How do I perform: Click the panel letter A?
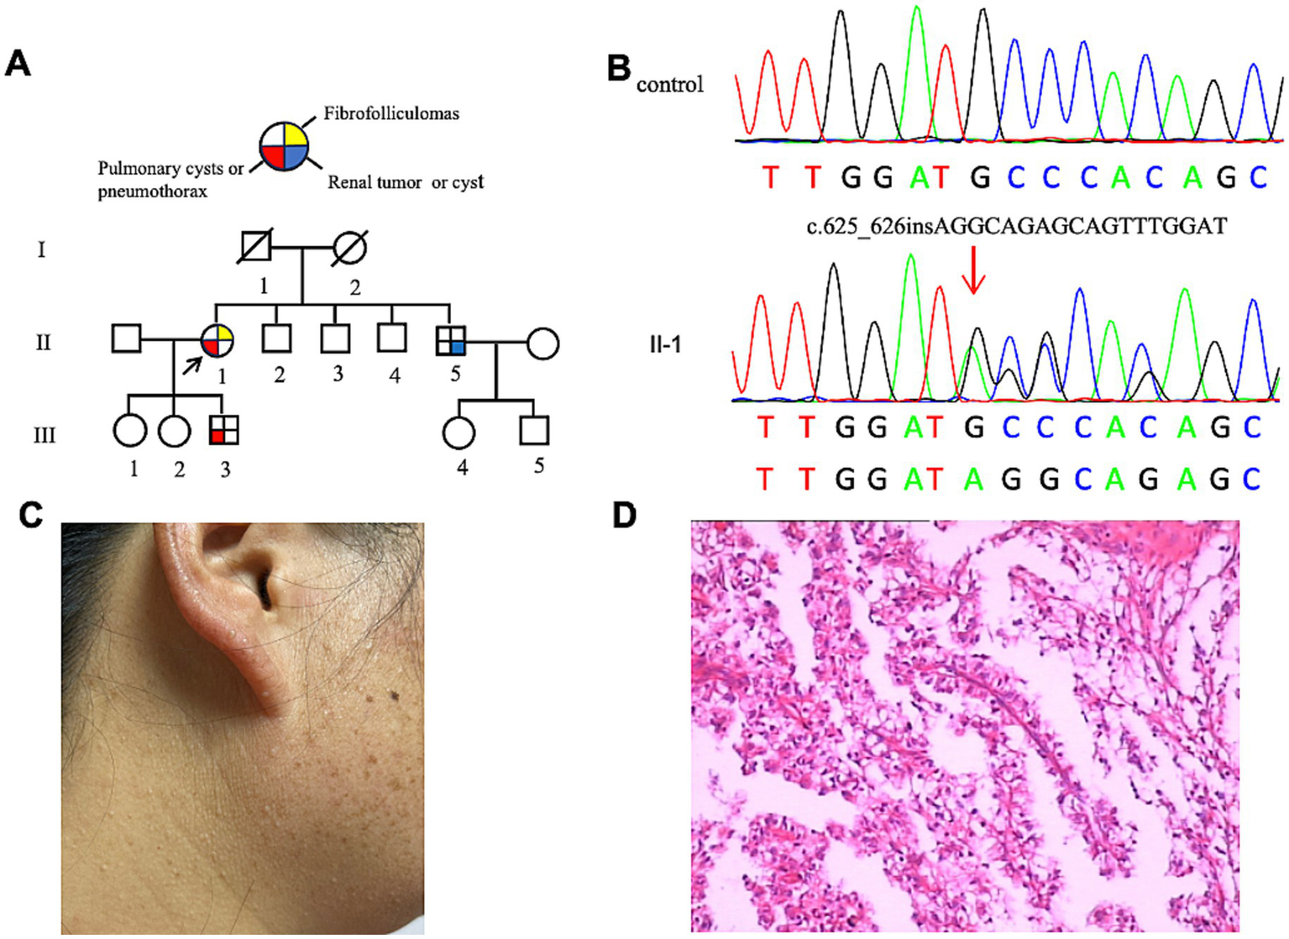[18, 63]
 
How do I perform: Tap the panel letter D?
[625, 515]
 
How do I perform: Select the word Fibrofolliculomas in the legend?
[391, 113]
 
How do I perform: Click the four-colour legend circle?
[284, 147]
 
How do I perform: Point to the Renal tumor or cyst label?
[406, 182]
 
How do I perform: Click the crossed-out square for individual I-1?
[254, 248]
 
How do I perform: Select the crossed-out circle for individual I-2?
[349, 248]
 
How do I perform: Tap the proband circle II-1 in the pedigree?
[217, 341]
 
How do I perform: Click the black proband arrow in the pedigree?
[192, 365]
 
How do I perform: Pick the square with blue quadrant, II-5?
[451, 341]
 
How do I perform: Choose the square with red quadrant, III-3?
[223, 430]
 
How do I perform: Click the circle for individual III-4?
[458, 432]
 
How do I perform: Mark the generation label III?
[44, 435]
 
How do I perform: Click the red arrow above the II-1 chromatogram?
[973, 270]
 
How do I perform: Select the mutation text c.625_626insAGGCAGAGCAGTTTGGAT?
[1016, 226]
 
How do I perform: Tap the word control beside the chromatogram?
[669, 84]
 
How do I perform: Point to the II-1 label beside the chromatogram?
[665, 344]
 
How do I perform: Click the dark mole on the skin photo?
[393, 696]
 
